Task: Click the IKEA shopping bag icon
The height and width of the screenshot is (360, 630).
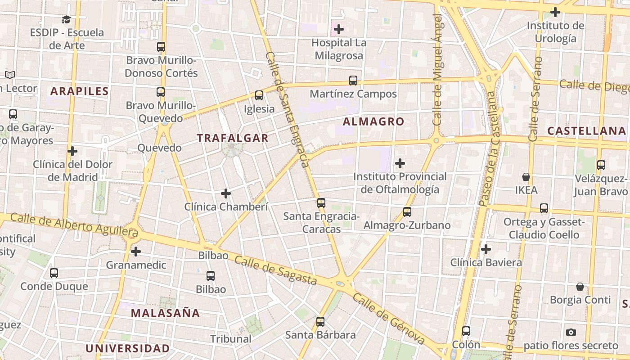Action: click(526, 177)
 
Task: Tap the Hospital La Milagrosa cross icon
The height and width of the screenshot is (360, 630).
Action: click(338, 30)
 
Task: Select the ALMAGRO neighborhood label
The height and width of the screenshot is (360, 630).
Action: click(373, 121)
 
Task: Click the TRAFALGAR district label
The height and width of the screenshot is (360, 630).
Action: click(233, 138)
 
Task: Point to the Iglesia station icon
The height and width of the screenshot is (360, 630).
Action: click(259, 95)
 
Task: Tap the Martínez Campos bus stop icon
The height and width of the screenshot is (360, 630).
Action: click(353, 81)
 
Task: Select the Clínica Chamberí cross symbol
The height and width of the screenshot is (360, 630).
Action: click(226, 193)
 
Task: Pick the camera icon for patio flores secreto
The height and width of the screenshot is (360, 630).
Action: click(571, 333)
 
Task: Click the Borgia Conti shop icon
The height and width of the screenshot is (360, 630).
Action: click(580, 287)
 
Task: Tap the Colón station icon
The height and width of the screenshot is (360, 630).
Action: click(466, 331)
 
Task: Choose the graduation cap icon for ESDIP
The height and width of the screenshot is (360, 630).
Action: click(67, 19)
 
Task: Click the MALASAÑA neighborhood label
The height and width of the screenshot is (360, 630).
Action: click(165, 313)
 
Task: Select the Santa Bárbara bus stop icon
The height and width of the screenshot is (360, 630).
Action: click(320, 322)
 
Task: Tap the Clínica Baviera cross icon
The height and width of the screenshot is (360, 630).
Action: click(486, 249)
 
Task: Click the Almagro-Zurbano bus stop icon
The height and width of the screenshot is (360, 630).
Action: click(407, 212)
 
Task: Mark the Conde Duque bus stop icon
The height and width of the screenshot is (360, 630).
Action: click(54, 273)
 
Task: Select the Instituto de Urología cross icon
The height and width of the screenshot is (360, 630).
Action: click(555, 12)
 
